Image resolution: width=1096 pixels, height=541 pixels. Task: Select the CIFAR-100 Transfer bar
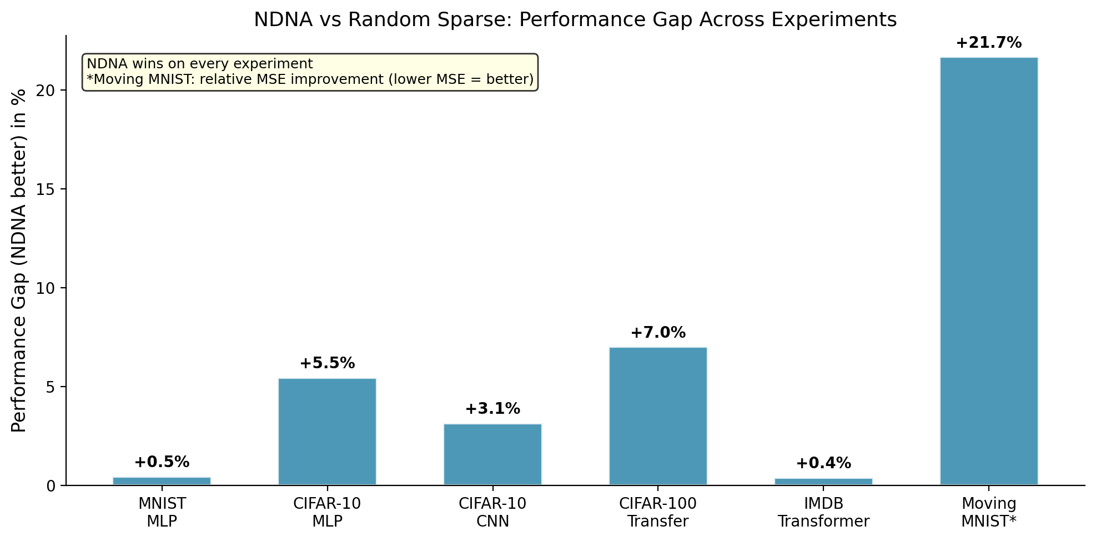[658, 416]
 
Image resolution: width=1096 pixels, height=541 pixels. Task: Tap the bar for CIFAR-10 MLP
[327, 432]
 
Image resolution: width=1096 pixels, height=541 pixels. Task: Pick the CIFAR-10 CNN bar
[492, 454]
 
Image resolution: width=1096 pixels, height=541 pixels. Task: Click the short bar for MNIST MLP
[162, 481]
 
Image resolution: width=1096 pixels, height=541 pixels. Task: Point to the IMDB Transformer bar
[823, 482]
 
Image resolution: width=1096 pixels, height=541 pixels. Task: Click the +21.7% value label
[988, 43]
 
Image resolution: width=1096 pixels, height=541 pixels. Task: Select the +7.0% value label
[658, 333]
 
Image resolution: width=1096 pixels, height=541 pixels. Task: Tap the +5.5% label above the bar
[327, 363]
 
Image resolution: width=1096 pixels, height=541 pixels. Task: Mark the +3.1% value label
[492, 409]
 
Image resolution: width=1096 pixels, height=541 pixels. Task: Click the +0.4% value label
[823, 463]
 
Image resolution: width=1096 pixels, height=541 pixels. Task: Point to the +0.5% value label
[162, 462]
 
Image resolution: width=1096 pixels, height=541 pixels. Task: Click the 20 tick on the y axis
[49, 91]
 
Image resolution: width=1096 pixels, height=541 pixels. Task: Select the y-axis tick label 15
[49, 189]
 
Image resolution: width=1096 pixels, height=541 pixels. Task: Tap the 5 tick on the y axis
[52, 387]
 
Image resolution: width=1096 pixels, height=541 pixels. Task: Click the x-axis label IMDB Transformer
[823, 513]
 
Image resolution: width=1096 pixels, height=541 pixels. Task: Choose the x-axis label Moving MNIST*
[988, 513]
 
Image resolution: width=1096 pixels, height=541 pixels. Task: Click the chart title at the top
[575, 19]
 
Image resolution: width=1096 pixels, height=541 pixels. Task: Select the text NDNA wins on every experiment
[200, 64]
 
